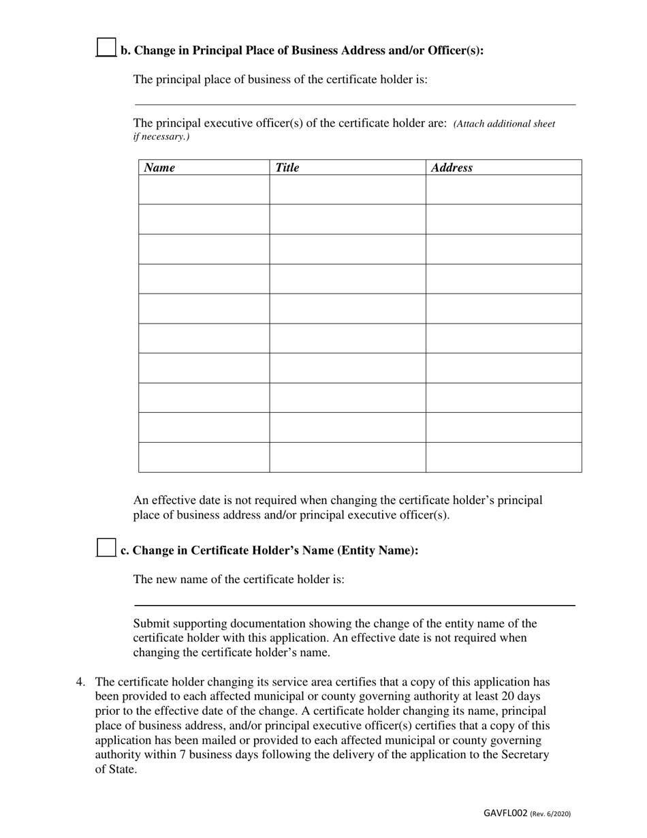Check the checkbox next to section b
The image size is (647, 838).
pyautogui.click(x=106, y=47)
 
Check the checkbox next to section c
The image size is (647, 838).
pyautogui.click(x=106, y=548)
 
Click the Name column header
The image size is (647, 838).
pyautogui.click(x=159, y=168)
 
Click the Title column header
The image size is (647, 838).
pyautogui.click(x=287, y=168)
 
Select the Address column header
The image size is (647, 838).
pyautogui.click(x=452, y=168)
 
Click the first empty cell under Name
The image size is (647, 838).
pyautogui.click(x=204, y=189)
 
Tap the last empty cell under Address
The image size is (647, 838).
pyautogui.click(x=503, y=457)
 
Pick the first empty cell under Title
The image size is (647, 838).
pyautogui.click(x=347, y=189)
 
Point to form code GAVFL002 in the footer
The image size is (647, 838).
pyautogui.click(x=505, y=813)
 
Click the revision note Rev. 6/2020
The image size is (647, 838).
pyautogui.click(x=551, y=813)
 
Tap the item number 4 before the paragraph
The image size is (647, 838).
pyautogui.click(x=80, y=682)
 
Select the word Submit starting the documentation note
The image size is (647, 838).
pyautogui.click(x=152, y=623)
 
